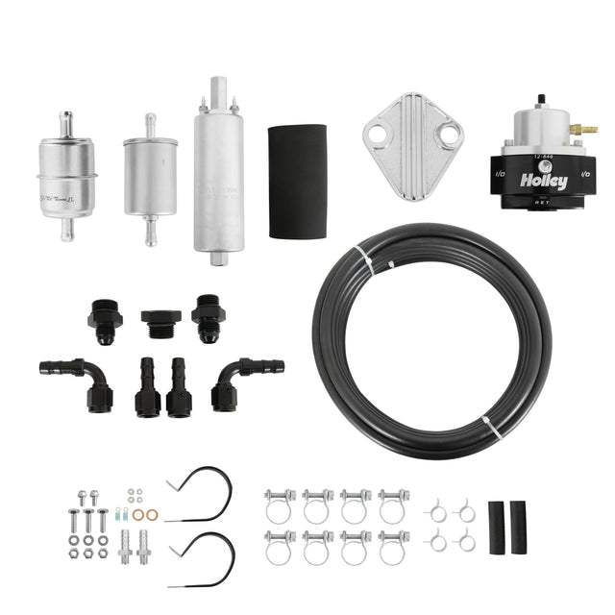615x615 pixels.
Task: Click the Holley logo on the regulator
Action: coord(543,181)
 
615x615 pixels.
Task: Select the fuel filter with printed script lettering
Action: coord(66,175)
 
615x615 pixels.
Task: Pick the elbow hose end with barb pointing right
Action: coord(244,375)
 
